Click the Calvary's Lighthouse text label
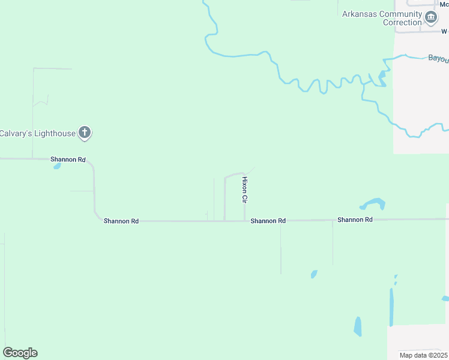37,133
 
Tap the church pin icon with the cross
85,133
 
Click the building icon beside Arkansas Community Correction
431,18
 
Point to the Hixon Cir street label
244,189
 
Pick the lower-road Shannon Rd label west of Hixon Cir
121,221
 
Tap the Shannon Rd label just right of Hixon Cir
268,221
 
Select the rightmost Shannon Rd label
355,220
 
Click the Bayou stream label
438,59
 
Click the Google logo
20,353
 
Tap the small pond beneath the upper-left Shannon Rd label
57,166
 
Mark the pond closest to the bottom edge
358,326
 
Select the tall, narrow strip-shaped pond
391,307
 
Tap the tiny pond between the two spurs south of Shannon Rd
313,274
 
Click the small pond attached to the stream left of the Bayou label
382,77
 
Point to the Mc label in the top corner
444,4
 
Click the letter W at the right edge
444,31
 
